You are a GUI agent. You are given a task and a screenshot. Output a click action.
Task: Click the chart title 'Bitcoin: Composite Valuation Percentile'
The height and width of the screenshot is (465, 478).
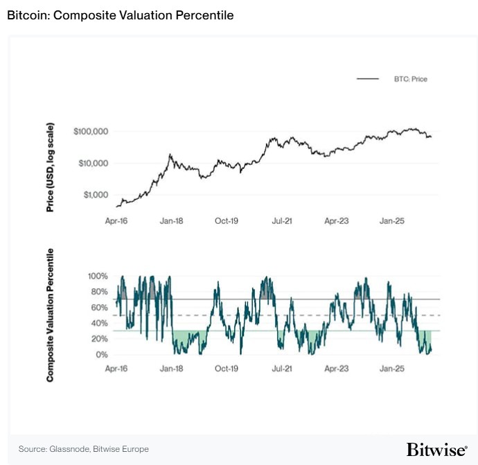pyautogui.click(x=120, y=15)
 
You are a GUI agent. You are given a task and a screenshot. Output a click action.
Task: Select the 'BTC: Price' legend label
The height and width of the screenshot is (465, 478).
pyautogui.click(x=411, y=80)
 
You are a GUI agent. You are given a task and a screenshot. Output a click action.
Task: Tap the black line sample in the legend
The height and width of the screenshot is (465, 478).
pyautogui.click(x=368, y=80)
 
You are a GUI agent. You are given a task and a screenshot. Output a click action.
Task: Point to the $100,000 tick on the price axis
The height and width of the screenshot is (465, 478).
pyautogui.click(x=91, y=131)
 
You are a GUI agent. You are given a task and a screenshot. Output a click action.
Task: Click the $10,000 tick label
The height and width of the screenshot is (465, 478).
pyautogui.click(x=93, y=164)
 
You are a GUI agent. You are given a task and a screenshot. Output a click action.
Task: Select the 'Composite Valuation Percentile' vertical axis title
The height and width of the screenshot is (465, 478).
pyautogui.click(x=51, y=315)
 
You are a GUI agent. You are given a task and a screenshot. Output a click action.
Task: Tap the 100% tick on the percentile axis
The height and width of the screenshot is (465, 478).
pyautogui.click(x=98, y=276)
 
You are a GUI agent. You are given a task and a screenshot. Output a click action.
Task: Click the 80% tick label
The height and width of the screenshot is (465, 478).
pyautogui.click(x=99, y=292)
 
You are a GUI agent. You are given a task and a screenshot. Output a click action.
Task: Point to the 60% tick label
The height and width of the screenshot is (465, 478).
pyautogui.click(x=99, y=308)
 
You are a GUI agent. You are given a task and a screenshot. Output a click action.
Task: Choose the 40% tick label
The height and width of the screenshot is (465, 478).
pyautogui.click(x=99, y=324)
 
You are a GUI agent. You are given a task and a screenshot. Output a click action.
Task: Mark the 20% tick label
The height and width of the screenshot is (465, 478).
pyautogui.click(x=99, y=340)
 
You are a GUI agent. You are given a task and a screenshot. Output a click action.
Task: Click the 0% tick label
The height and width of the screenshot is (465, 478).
pyautogui.click(x=101, y=356)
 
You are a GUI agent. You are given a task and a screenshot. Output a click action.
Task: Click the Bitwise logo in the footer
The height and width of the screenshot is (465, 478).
pyautogui.click(x=436, y=449)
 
